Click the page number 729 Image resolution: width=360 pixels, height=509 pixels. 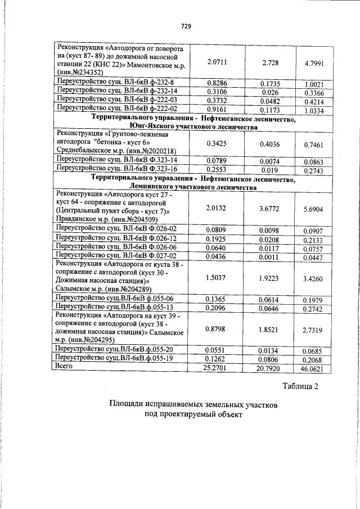click(186, 26)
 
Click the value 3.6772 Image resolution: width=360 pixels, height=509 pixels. click(271, 208)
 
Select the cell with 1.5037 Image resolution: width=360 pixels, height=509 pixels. click(217, 277)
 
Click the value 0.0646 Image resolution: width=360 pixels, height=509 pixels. click(271, 309)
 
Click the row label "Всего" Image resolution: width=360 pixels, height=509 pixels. click(67, 366)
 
